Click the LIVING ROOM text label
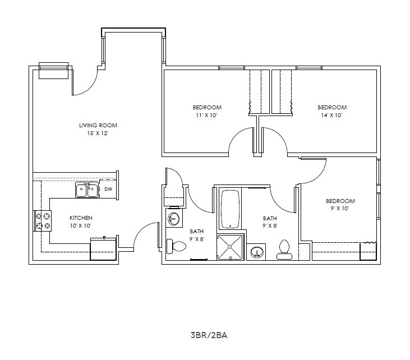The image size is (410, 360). coord(98,125)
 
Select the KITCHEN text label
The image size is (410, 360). coord(81,218)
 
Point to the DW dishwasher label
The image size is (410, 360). coord(108,189)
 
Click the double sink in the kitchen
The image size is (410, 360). coord(87,190)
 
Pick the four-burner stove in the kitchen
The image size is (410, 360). coord(43,220)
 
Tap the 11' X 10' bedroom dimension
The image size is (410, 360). coord(207,115)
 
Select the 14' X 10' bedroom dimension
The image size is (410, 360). coord(332,115)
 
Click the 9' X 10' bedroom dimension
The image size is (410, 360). coord(340,209)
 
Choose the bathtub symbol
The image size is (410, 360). coord(231,210)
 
